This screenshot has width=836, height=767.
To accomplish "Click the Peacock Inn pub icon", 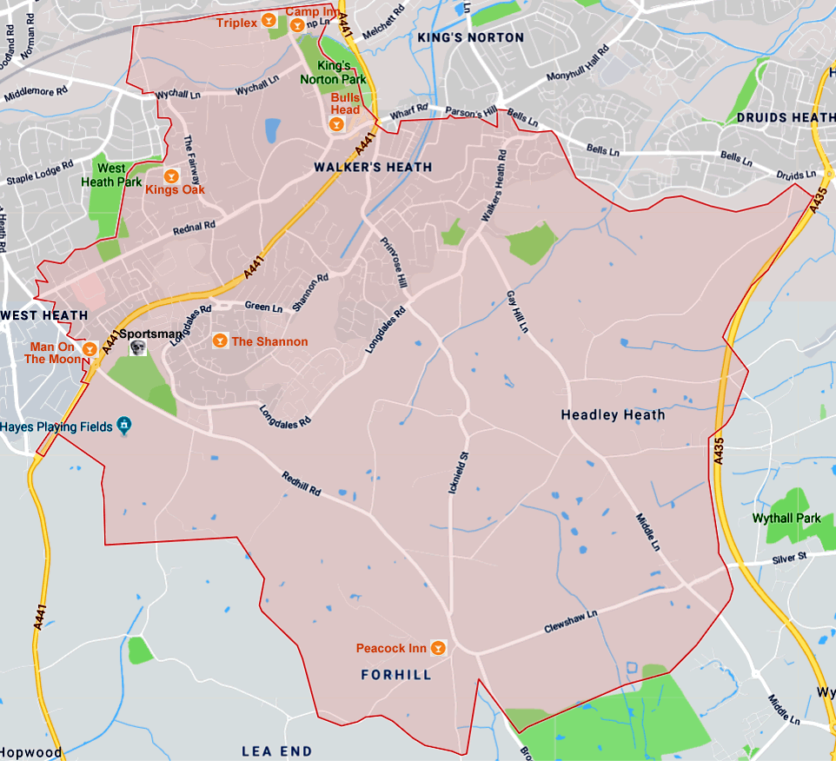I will pos(438,648).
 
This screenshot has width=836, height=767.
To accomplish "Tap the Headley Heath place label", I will pos(613,415).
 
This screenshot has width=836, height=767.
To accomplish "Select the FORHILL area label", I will pos(395,675).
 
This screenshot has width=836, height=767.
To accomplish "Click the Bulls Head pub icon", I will pos(336,125).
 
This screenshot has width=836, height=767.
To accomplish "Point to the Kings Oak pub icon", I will pos(171,175).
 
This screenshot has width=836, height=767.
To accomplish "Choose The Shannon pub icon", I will pos(220,341).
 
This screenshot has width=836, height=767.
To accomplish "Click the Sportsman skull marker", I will pos(136,347).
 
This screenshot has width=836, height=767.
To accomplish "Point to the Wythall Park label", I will pos(786,519).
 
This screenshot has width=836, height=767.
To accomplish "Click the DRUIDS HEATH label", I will pos(785,117).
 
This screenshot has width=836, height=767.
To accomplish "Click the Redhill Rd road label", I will pos(302,484).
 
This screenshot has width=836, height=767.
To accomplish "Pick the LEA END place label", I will pos(276,750).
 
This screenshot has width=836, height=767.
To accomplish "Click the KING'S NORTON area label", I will pos(470,37).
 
